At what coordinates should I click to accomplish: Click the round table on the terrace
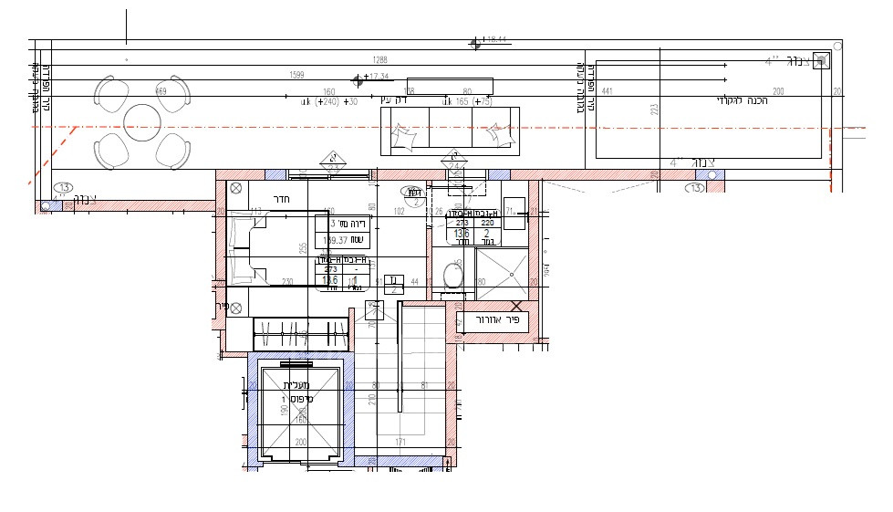(x=142, y=120)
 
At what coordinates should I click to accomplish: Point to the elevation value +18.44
(x=496, y=40)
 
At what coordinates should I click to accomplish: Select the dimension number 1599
(x=296, y=75)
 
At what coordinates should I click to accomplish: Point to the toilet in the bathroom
(x=452, y=275)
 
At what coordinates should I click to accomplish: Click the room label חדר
(x=281, y=199)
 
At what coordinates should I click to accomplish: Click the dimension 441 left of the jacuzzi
(x=607, y=92)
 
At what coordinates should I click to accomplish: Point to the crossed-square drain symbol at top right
(x=821, y=60)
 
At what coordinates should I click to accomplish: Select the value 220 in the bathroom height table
(x=487, y=222)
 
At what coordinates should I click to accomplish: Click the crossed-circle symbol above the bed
(x=236, y=189)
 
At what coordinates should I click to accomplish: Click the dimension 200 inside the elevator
(x=299, y=442)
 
